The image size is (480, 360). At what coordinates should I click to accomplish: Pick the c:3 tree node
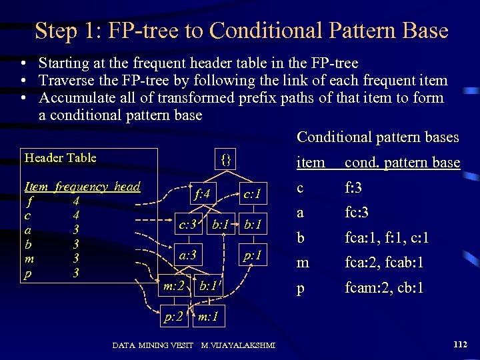pos(187,225)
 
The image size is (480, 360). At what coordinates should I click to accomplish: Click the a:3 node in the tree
pos(187,255)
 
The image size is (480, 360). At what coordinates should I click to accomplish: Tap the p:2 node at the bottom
pos(174,315)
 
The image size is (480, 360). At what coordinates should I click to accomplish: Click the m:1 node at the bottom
pos(209,315)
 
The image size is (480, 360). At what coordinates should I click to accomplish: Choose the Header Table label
pos(60,158)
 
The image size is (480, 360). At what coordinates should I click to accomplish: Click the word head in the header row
pos(127,186)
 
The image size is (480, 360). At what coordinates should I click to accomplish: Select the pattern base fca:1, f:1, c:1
pos(387,238)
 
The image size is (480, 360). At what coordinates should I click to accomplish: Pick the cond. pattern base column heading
pos(402,163)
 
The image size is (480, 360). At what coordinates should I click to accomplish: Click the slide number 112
pos(459,344)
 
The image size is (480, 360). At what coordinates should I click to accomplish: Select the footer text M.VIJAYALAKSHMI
pos(239,345)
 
